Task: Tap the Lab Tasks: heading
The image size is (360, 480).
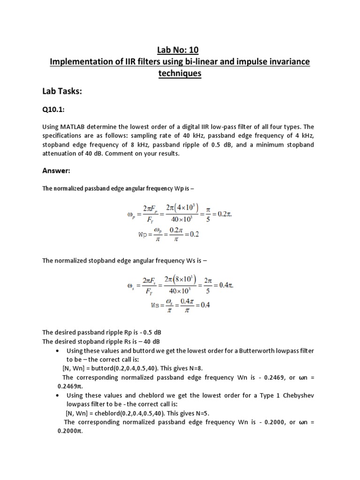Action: (62, 92)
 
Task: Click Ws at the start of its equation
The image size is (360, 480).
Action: (143, 305)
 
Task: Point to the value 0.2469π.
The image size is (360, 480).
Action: (70, 386)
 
